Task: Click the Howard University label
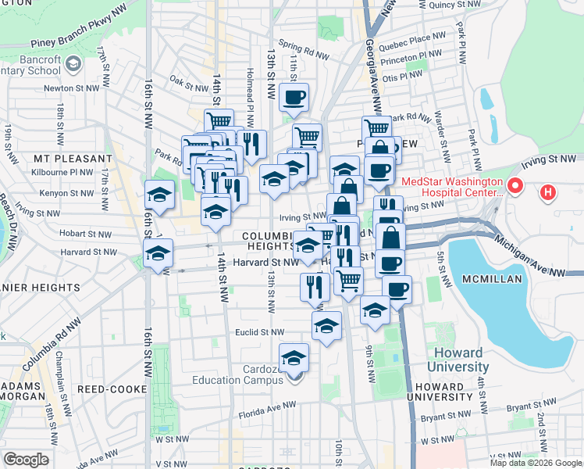pyautogui.click(x=458, y=359)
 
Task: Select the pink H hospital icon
pyautogui.click(x=549, y=192)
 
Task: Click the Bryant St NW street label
pyautogui.click(x=529, y=407)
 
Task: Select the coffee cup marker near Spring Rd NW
pyautogui.click(x=294, y=98)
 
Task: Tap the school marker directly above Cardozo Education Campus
pyautogui.click(x=294, y=358)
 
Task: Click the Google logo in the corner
pyautogui.click(x=26, y=460)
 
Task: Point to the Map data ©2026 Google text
pyautogui.click(x=535, y=463)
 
